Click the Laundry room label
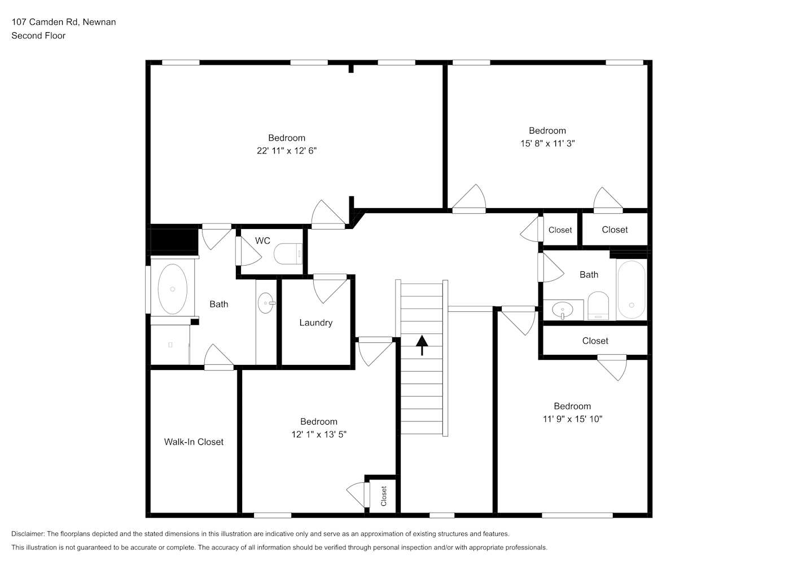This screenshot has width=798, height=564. click(x=315, y=323)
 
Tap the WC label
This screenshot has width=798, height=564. click(x=262, y=241)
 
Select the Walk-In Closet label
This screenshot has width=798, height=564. click(x=194, y=442)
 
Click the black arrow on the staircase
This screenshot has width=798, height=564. click(x=422, y=345)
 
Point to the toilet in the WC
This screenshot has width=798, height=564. click(x=288, y=253)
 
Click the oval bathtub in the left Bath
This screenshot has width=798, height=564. click(x=173, y=289)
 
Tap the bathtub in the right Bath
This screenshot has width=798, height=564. click(x=632, y=289)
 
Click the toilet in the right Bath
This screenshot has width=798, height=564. click(x=598, y=306)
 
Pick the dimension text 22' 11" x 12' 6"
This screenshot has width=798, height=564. click(x=287, y=151)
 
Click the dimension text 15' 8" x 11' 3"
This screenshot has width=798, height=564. click(x=547, y=143)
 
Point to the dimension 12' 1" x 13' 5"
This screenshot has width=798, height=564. click(x=319, y=434)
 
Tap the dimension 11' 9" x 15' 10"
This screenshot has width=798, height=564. click(x=572, y=419)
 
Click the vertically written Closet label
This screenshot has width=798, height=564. click(x=384, y=496)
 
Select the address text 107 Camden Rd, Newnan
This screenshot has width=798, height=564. click(x=64, y=22)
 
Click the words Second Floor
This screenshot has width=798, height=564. click(x=38, y=36)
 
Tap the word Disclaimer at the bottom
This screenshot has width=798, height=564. click(x=28, y=534)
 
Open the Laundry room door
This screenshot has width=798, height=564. click(x=330, y=288)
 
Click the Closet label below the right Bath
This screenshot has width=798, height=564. click(x=595, y=341)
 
